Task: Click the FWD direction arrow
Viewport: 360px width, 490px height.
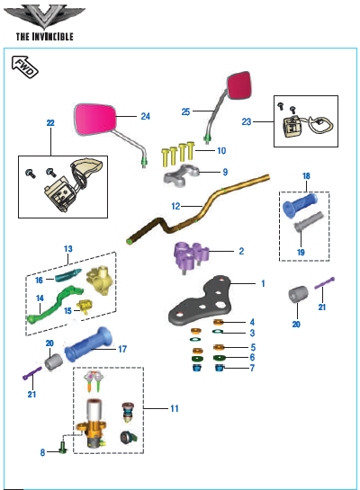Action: (x=24, y=67)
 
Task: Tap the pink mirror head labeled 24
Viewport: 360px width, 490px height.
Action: (x=95, y=120)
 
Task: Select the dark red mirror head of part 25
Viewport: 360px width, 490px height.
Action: (x=239, y=85)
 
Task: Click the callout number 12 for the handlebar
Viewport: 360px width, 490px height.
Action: (x=175, y=206)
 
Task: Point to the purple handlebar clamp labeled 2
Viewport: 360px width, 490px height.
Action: (x=191, y=254)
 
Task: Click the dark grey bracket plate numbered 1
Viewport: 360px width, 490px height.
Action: (x=201, y=300)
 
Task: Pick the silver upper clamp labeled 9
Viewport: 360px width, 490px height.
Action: (x=182, y=174)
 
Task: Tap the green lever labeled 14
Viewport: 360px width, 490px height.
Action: (x=54, y=304)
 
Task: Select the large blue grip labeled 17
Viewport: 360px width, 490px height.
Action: (x=88, y=344)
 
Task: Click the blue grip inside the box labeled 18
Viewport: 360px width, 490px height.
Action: (x=300, y=205)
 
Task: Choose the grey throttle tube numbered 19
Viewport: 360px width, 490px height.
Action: (x=309, y=221)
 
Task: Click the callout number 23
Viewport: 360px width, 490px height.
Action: (x=247, y=121)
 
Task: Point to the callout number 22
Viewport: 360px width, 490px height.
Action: (x=50, y=123)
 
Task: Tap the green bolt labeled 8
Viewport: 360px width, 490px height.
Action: (x=63, y=449)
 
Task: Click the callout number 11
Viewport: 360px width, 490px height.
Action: (x=175, y=408)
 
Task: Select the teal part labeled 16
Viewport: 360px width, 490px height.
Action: (x=67, y=275)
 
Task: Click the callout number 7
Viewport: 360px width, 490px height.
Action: (x=252, y=368)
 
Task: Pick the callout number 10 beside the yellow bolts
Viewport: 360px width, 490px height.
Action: (x=221, y=151)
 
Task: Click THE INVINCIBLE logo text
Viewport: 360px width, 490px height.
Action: (x=45, y=37)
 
